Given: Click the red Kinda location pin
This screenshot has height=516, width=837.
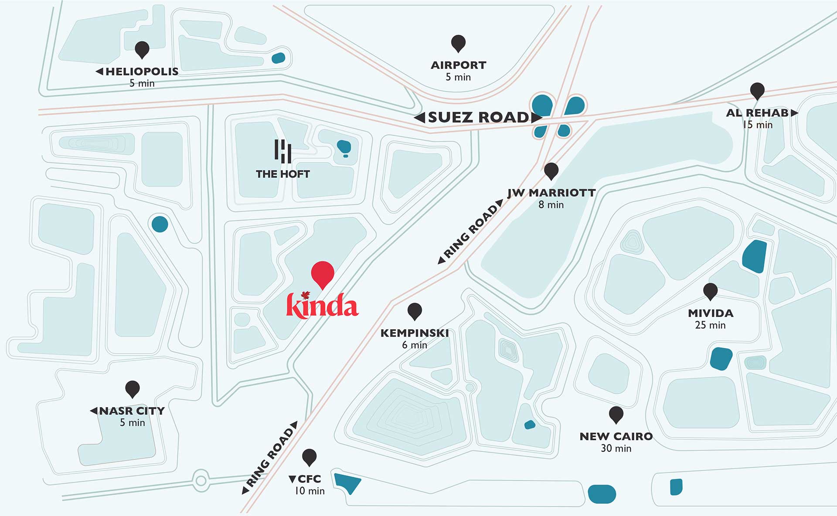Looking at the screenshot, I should [x=323, y=273].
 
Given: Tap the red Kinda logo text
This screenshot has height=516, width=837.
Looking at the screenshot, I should [x=323, y=305].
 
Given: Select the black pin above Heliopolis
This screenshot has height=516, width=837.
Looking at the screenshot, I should [x=142, y=49].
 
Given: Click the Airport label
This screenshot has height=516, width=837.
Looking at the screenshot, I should [x=458, y=65].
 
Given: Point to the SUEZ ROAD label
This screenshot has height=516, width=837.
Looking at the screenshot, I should [x=478, y=117].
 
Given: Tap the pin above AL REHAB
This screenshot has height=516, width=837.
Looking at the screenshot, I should [x=757, y=90].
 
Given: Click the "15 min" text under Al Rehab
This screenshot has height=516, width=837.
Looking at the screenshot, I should [x=758, y=125].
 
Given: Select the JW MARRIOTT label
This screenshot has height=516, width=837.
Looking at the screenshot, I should [x=551, y=193].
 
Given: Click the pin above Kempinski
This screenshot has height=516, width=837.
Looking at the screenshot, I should [x=415, y=311].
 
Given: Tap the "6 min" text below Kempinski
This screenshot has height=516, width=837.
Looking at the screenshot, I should [x=415, y=345].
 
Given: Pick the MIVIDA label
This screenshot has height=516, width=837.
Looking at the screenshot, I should [x=711, y=313].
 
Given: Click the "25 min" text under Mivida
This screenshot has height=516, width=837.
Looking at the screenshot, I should [x=710, y=325].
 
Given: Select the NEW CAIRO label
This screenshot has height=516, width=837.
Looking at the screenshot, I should [x=616, y=436].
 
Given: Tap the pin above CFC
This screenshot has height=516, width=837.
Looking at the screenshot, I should [x=309, y=457].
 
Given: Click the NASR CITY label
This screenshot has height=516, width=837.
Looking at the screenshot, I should [x=131, y=411].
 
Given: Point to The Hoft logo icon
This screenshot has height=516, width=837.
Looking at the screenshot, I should [x=283, y=151].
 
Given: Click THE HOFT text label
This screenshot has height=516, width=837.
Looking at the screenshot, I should [x=283, y=174].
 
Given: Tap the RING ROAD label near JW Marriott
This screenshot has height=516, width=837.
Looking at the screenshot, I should [x=471, y=231].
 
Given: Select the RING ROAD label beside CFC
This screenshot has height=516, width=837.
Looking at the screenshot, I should [x=270, y=457].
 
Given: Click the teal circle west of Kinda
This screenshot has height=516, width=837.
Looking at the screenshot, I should [x=160, y=224].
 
